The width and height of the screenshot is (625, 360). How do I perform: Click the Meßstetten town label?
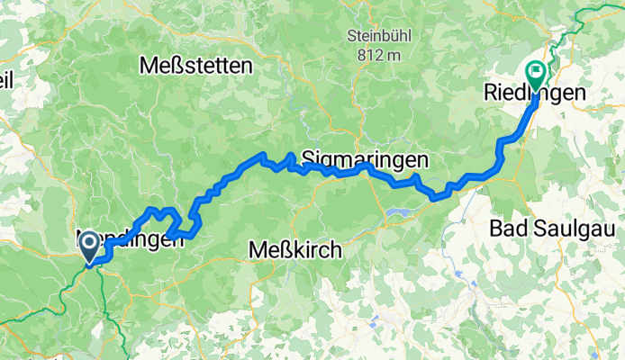point(196,66)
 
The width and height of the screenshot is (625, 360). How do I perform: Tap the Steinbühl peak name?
point(376,37)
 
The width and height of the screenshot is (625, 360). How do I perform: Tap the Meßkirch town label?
point(294,251)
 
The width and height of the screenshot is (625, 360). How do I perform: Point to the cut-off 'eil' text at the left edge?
point(6,80)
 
